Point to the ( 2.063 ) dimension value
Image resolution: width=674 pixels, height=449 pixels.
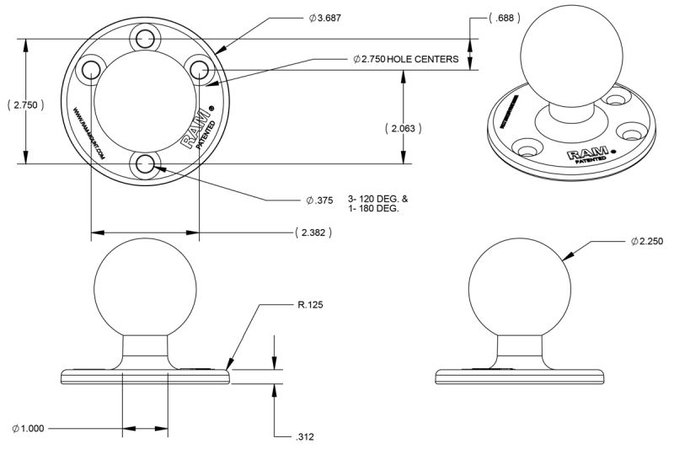(403, 128)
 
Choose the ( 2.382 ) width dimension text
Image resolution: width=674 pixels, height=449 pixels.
(312, 232)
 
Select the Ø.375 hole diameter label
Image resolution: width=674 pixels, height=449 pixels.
(320, 200)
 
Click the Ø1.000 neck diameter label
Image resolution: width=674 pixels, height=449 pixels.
(29, 429)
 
